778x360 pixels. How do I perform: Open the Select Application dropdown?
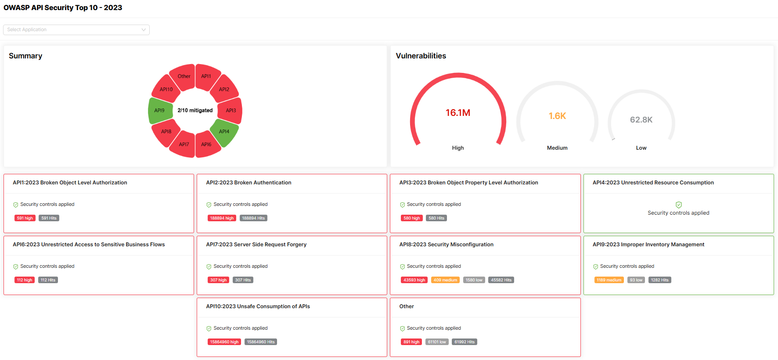(x=76, y=30)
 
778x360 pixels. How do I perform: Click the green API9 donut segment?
(x=160, y=111)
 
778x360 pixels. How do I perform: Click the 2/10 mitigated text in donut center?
(x=195, y=111)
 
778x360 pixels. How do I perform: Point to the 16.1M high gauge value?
(x=458, y=113)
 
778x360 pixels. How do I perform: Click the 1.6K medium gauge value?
(x=557, y=116)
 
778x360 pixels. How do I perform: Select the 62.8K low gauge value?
(x=641, y=120)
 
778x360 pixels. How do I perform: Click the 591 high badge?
(x=25, y=218)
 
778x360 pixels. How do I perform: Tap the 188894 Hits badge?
(x=253, y=218)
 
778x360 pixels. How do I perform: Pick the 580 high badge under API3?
(x=412, y=218)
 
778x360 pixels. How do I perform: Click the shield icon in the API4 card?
(x=678, y=205)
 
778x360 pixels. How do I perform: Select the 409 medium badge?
(x=445, y=280)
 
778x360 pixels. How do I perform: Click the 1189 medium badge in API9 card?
(x=609, y=280)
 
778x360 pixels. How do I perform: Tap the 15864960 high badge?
(x=224, y=342)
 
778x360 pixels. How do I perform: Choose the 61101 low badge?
(x=437, y=342)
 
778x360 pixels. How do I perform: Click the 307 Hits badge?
(x=243, y=280)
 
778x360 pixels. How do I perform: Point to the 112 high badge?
(x=25, y=280)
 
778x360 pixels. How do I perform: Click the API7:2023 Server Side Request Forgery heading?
(x=256, y=245)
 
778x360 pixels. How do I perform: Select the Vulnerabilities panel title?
(x=421, y=56)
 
